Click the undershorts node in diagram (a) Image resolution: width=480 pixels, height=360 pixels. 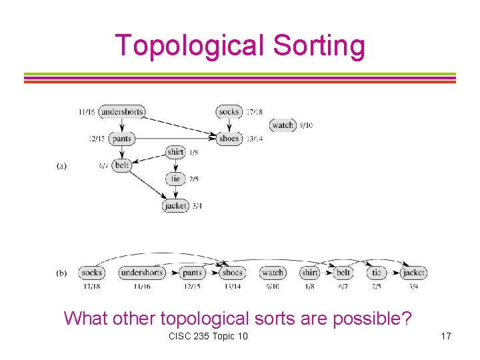pos(121,112)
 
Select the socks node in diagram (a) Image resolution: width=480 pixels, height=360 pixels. pos(229,112)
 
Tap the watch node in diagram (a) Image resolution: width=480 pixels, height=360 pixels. pos(283,125)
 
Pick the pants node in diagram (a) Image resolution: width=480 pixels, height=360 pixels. pos(122,139)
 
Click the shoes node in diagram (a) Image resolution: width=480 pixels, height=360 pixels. pos(229,139)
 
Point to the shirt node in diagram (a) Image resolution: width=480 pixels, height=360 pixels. pos(175,152)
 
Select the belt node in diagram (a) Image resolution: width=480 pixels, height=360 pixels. pos(122,165)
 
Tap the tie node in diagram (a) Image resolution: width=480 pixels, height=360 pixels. pos(175,179)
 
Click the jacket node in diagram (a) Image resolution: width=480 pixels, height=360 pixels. pos(175,206)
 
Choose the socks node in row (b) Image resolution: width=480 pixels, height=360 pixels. pos(91,273)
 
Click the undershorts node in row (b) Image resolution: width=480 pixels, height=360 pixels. pos(141,273)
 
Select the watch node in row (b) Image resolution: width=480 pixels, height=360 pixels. pos(273,273)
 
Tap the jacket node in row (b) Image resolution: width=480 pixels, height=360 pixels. pos(414,273)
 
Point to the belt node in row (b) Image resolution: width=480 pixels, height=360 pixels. pos(343,273)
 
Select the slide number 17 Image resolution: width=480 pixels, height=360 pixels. pos(445,336)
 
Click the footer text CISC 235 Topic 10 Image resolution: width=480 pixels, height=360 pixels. pos(209,336)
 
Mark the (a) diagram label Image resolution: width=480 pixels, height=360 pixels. pos(61,165)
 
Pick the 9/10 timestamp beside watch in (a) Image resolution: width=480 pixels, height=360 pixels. pos(306,125)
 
